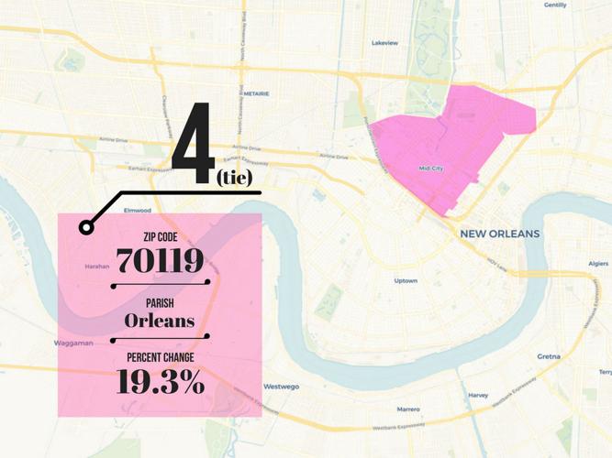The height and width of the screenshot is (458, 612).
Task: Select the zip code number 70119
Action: click(161, 262)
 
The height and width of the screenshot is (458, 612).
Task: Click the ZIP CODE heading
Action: click(161, 237)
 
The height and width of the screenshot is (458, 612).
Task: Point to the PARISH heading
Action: click(161, 303)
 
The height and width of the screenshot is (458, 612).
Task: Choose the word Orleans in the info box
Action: click(161, 322)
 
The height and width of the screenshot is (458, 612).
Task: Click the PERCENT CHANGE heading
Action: click(161, 357)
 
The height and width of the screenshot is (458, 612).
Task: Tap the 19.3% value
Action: click(161, 383)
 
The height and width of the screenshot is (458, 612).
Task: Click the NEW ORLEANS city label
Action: click(500, 234)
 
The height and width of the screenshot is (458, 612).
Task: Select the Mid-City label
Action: click(430, 168)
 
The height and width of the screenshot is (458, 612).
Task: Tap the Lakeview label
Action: click(384, 43)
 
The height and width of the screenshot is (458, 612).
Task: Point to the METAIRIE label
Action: click(256, 93)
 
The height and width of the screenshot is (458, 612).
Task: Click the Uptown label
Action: click(406, 280)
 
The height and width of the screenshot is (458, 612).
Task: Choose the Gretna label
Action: click(549, 355)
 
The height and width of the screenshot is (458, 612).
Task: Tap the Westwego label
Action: click(282, 387)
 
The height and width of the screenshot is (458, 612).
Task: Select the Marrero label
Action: click(408, 409)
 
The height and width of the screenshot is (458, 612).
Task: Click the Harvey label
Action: click(478, 396)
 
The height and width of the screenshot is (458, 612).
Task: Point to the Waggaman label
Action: click(73, 343)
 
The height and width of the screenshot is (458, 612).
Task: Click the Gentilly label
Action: click(555, 5)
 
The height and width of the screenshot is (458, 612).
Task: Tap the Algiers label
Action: click(597, 264)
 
